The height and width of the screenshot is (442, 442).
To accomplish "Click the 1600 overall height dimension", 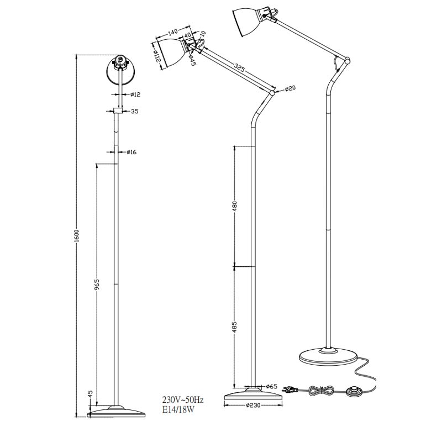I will click(x=77, y=234).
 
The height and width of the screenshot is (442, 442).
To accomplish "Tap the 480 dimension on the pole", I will click(x=235, y=206).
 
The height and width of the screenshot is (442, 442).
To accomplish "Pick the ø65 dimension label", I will click(x=271, y=386).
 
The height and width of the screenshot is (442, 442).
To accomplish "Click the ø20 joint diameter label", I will click(x=291, y=88).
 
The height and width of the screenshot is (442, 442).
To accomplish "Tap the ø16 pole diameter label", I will click(x=131, y=152).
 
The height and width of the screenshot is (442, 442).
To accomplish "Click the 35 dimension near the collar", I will click(x=134, y=112).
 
